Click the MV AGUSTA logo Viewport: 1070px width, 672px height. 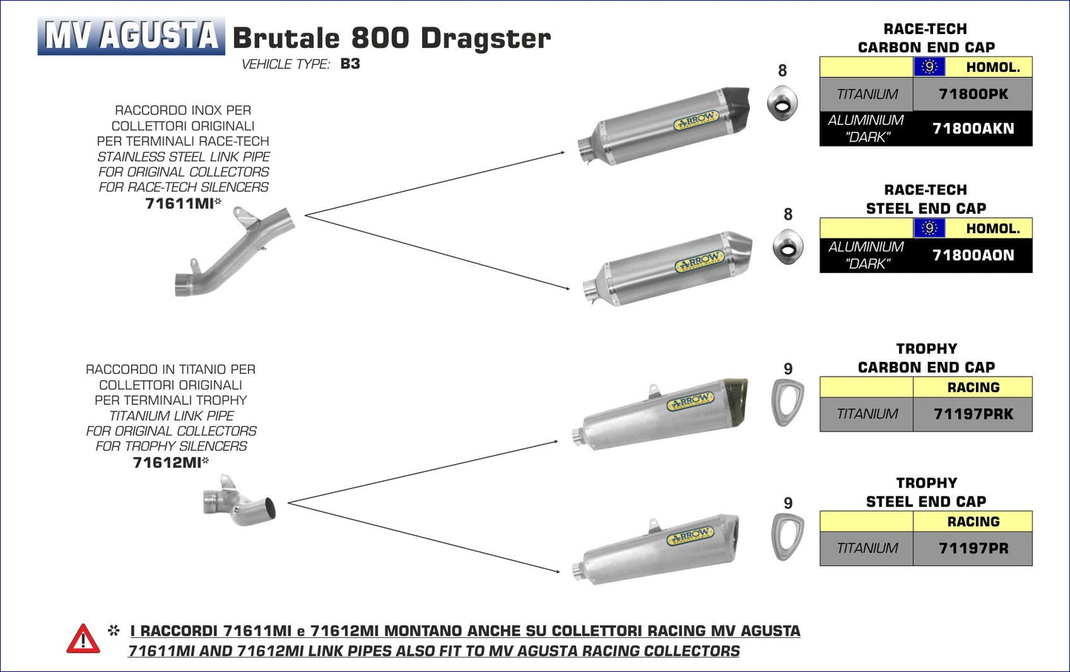point(131,36)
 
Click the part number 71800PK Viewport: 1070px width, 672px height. point(972,94)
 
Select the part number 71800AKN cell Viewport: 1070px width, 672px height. point(972,128)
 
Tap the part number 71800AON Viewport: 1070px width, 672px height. point(972,255)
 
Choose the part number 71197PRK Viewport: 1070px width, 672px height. point(972,414)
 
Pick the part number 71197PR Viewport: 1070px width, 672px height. point(972,548)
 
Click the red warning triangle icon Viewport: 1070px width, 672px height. point(83,639)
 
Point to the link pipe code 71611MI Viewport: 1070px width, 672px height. point(179,204)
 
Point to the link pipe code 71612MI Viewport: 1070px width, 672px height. point(167,463)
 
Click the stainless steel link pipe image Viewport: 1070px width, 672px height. point(233,252)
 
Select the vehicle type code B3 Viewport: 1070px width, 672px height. point(350,64)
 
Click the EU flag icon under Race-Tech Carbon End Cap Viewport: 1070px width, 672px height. point(929,67)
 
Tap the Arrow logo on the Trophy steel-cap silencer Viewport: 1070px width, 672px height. point(690,535)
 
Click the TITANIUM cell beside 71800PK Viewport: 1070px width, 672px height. point(866,94)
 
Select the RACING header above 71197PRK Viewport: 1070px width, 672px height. point(972,387)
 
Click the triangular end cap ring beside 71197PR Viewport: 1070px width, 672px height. point(787,537)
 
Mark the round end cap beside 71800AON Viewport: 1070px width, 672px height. point(787,246)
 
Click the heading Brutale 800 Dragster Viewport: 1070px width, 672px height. point(392,38)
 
